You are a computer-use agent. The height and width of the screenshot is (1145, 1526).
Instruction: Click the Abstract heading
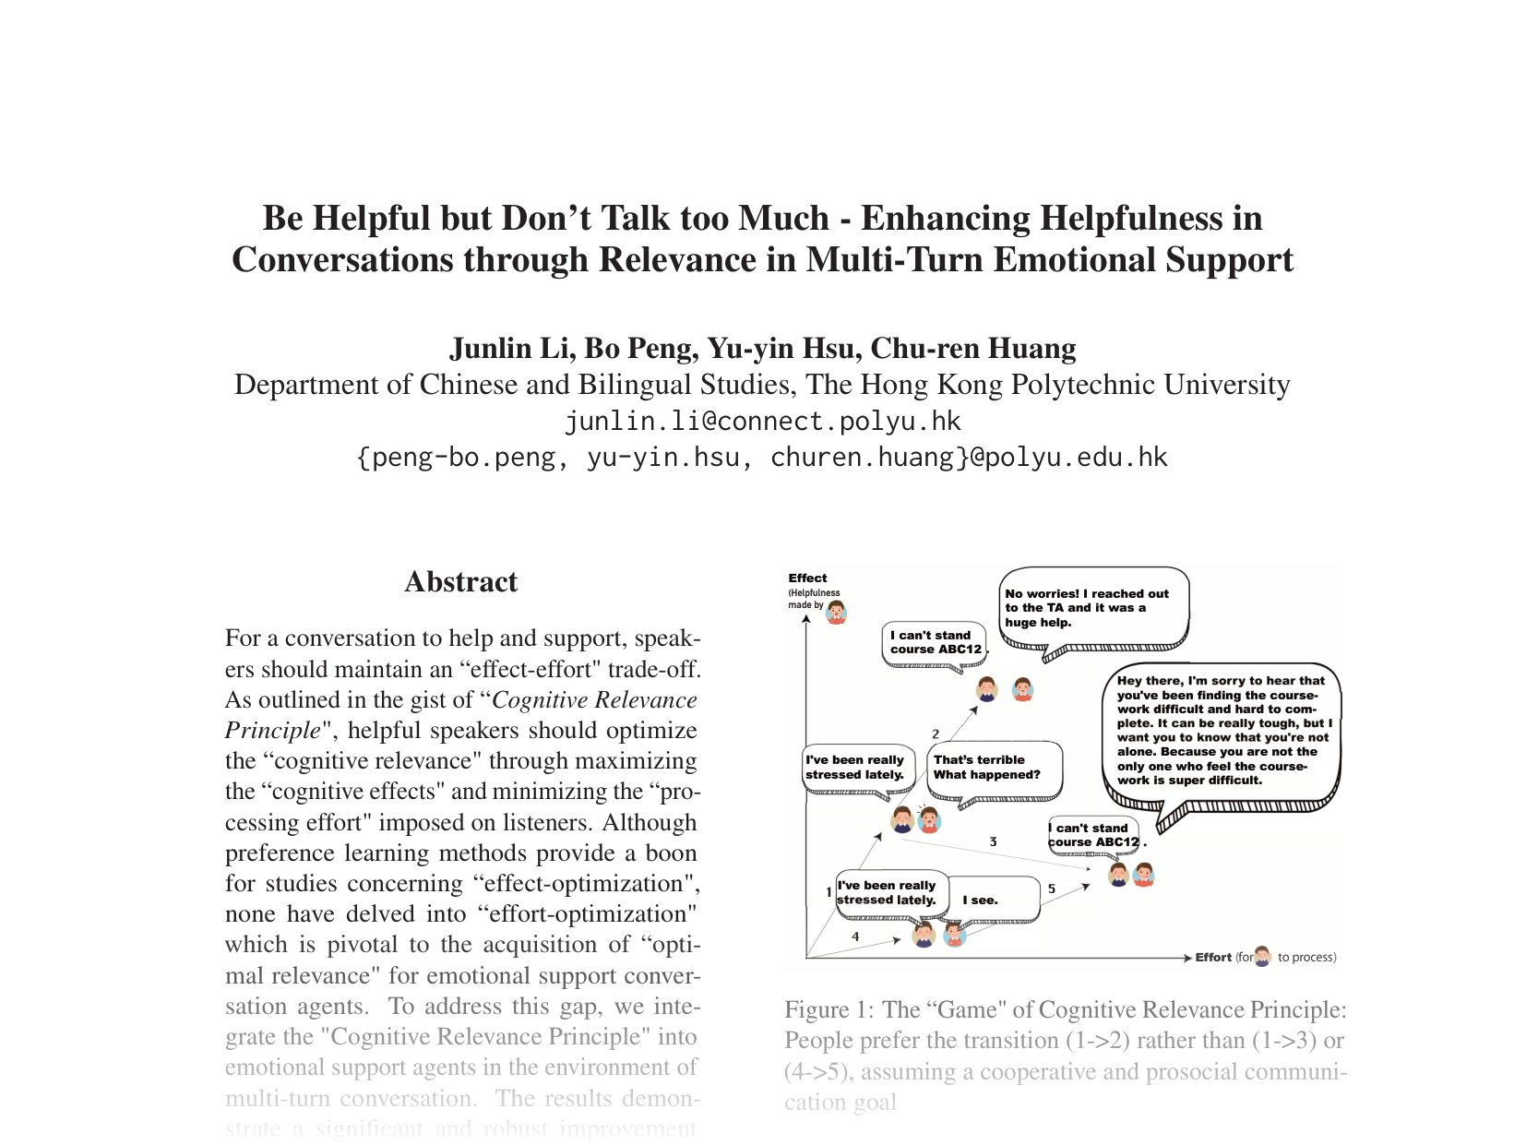pos(460,582)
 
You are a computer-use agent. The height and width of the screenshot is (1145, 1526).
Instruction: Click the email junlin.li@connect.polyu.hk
pos(762,422)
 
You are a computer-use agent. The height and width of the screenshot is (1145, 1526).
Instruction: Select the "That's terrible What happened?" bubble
pos(992,768)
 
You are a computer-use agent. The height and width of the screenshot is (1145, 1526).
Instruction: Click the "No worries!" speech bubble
pos(1094,607)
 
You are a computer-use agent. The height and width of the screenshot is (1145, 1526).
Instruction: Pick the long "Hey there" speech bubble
pos(1221,731)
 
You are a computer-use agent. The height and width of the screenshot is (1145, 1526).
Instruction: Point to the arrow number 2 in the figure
pos(936,734)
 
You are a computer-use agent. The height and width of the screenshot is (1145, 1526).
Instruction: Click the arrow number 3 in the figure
pos(993,841)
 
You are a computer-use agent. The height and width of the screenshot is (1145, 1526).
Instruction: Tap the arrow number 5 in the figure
pos(1051,889)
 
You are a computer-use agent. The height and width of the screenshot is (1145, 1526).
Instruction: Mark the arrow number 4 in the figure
pos(855,936)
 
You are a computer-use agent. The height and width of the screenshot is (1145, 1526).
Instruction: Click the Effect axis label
pos(807,578)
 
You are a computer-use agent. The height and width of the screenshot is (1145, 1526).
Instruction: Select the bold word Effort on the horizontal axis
pos(1213,958)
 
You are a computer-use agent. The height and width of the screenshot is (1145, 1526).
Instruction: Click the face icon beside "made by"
pos(836,611)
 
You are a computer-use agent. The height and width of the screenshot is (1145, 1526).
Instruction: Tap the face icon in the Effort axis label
pos(1262,957)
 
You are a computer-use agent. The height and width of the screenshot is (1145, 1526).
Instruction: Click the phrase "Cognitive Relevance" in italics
pos(594,700)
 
